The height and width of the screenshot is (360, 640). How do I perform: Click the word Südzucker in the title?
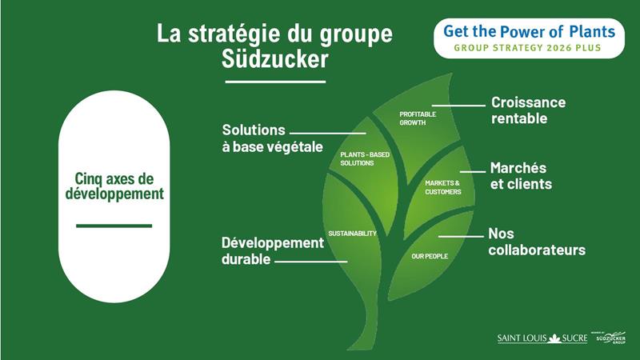(274, 58)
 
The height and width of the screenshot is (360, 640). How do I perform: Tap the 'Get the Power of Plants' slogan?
(529, 31)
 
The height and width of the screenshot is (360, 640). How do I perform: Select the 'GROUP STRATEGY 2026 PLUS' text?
(527, 48)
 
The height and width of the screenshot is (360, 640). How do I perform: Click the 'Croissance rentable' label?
(528, 110)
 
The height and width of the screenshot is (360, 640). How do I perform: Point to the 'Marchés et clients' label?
(521, 176)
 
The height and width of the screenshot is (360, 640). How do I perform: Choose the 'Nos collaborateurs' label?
(537, 242)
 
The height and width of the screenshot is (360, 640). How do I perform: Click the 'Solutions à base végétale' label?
(272, 138)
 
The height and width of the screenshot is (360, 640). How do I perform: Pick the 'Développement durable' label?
(273, 250)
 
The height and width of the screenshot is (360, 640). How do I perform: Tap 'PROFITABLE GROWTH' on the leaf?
(418, 118)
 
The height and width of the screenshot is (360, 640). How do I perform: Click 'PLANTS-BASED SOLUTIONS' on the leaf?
(365, 158)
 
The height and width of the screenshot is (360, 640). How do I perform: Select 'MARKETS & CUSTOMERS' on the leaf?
(443, 187)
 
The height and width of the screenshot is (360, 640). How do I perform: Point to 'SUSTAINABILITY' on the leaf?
(352, 234)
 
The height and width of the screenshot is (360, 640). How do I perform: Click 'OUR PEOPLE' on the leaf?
(430, 256)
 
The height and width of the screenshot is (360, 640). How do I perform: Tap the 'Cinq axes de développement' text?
(114, 186)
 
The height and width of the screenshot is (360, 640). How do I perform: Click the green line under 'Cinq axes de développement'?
(114, 226)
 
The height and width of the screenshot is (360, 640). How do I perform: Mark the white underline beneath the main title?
(275, 82)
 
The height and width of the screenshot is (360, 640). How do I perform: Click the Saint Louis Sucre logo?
(542, 338)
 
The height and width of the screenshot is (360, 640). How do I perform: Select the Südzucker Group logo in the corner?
(610, 338)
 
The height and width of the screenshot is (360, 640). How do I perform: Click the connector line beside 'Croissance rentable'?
(458, 106)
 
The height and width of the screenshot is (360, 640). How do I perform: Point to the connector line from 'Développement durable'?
(311, 262)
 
